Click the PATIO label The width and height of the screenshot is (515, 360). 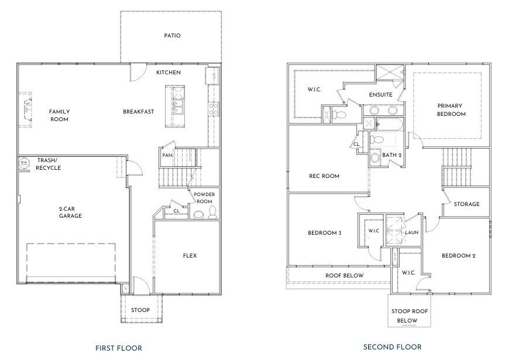172,36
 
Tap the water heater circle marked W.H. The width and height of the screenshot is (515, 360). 23,162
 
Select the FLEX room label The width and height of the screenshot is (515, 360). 190,256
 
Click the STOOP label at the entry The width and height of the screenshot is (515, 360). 140,310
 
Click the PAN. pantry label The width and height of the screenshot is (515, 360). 167,155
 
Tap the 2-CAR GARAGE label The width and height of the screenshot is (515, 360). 70,212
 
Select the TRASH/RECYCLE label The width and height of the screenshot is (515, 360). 48,164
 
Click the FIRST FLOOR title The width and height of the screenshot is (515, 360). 119,348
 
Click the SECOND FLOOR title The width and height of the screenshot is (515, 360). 393,347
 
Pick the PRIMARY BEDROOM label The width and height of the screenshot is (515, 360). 451,109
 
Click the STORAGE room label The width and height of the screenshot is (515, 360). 466,204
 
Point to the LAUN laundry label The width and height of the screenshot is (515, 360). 411,232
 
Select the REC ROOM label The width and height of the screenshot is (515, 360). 324,176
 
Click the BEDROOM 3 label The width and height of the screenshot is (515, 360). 324,233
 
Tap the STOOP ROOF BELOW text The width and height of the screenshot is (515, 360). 409,316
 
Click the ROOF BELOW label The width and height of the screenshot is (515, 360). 345,275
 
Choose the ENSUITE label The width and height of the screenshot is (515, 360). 380,95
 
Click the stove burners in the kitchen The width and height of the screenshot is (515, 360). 214,109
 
